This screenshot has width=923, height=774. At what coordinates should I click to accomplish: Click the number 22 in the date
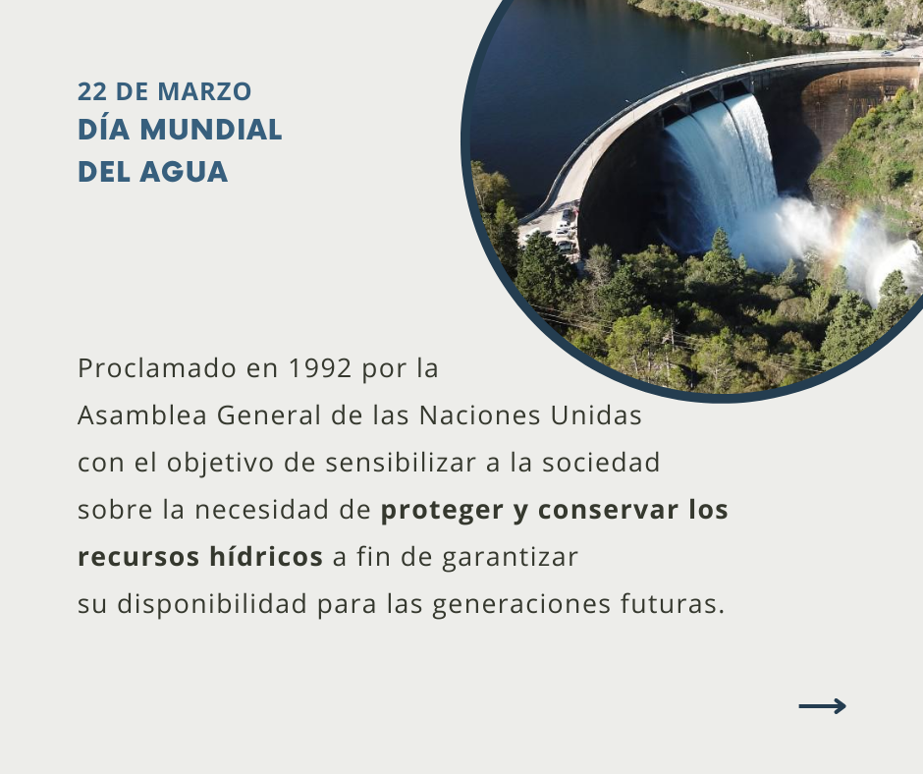coord(92,92)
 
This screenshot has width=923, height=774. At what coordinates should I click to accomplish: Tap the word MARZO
coord(205,92)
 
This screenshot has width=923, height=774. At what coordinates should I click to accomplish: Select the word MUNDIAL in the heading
coord(211,131)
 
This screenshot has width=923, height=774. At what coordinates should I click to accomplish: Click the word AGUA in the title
coord(184,172)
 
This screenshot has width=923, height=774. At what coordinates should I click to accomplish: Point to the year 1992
coord(320,368)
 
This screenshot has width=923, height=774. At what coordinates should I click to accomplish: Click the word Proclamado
coord(157,368)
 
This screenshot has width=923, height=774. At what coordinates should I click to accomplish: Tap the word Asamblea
coord(141,415)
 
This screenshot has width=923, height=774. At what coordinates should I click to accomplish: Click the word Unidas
coord(596,415)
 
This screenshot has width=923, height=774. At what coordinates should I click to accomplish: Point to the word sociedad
coord(601,463)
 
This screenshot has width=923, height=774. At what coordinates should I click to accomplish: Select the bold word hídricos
coord(266,557)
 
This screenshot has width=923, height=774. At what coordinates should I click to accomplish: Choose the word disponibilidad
coord(212,605)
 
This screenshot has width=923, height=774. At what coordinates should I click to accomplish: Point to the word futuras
coord(673,604)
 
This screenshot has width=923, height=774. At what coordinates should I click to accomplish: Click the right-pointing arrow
coord(822,705)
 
